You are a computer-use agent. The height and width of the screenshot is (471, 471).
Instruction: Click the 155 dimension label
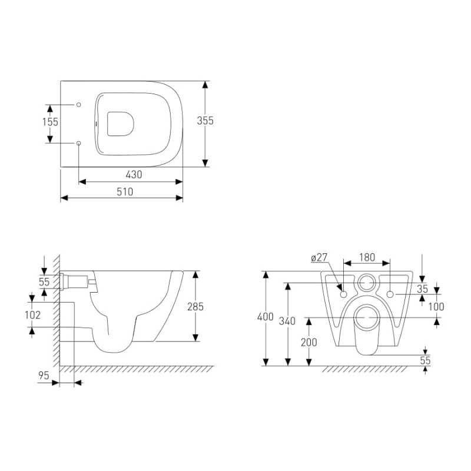(50, 122)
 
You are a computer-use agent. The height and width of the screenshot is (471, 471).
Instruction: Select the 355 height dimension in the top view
(205, 121)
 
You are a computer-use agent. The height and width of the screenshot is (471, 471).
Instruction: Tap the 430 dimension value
(133, 175)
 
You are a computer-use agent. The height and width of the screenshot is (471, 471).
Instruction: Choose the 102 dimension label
(32, 315)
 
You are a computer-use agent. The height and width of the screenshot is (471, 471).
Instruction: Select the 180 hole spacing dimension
(366, 257)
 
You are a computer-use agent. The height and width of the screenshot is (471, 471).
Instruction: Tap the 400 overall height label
(266, 317)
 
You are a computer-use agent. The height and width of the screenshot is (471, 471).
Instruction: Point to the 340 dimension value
(287, 321)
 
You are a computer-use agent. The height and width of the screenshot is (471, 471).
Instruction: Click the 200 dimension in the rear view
(309, 343)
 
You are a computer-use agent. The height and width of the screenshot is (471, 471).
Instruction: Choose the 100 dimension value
(436, 306)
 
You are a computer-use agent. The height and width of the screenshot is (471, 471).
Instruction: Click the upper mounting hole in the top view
(78, 104)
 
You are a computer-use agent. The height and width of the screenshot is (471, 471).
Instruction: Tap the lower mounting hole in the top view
(78, 142)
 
